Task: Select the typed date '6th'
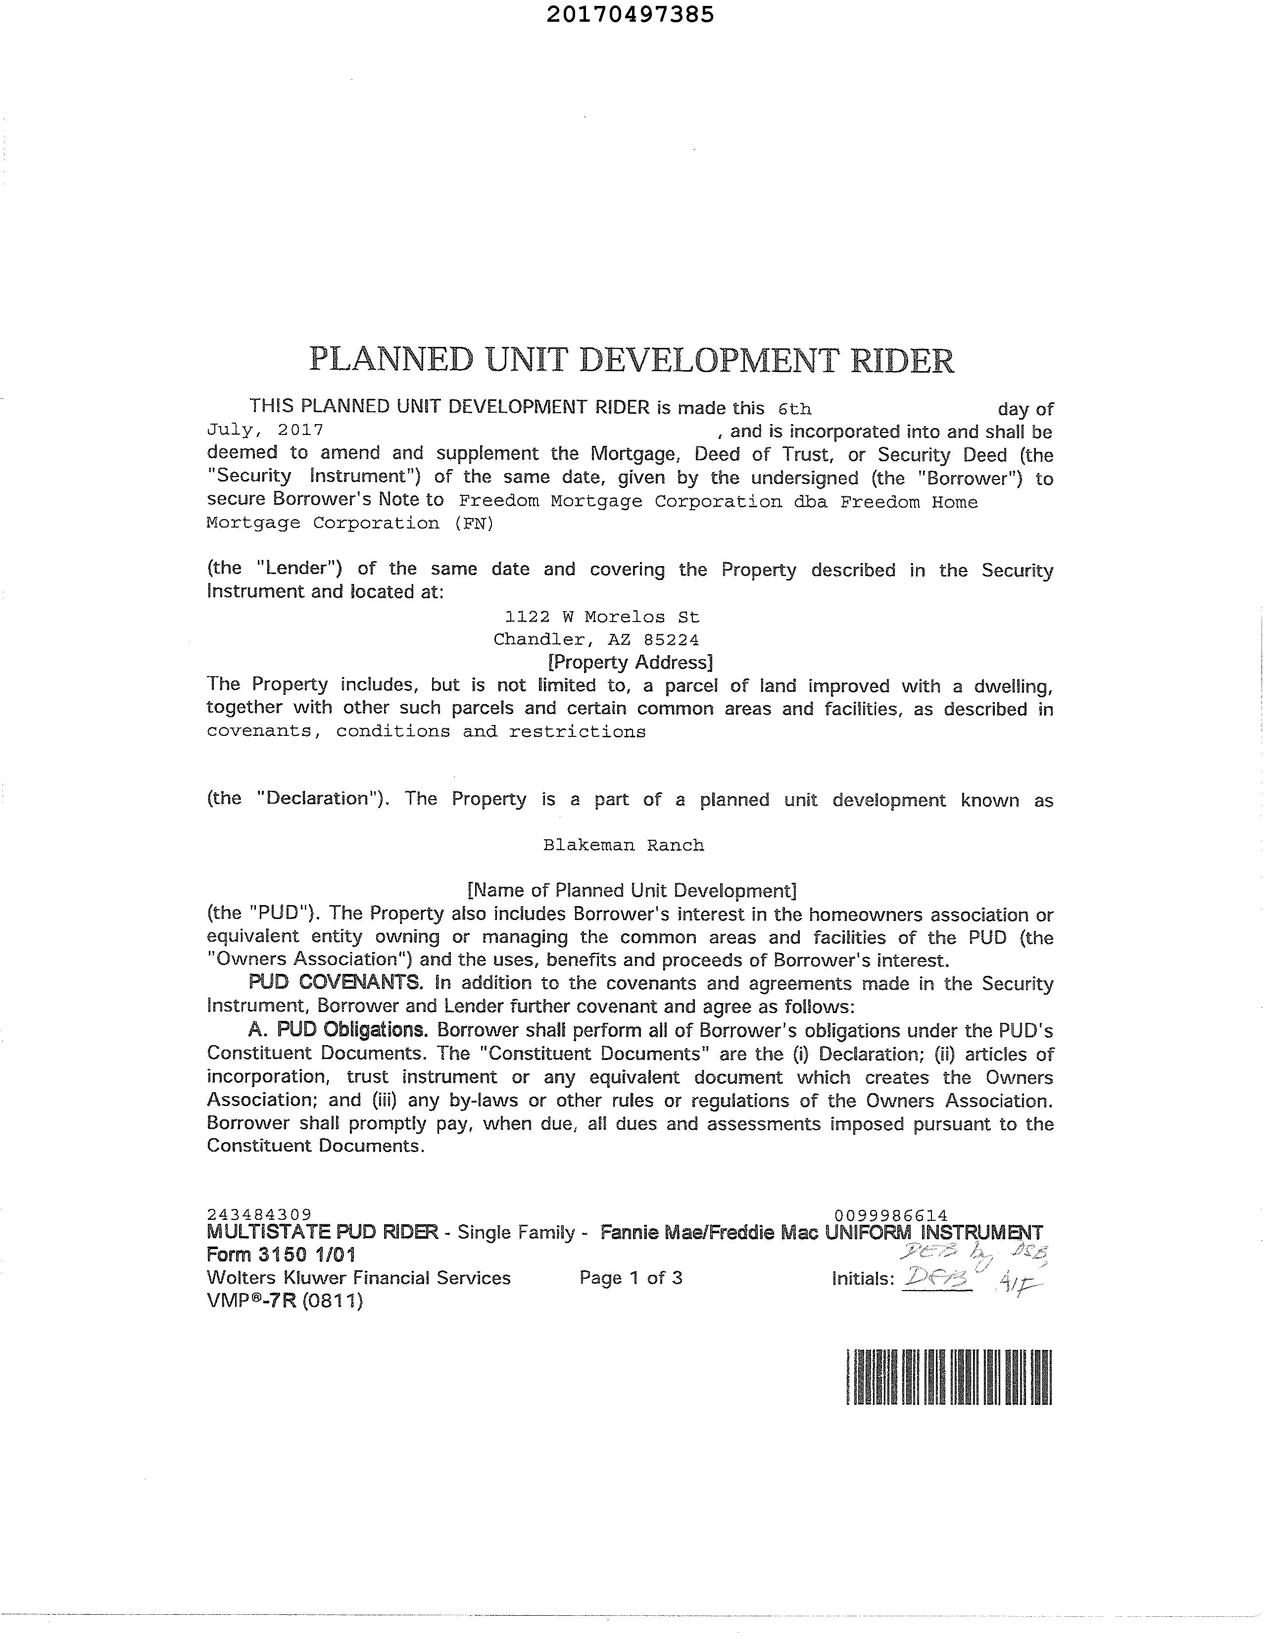[795, 409]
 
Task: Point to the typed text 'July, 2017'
[265, 430]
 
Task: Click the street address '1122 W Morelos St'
[602, 617]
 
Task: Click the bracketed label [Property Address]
[631, 662]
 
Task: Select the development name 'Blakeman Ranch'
[624, 845]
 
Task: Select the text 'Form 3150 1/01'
[281, 1255]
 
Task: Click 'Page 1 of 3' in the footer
[631, 1278]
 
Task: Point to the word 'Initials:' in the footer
[863, 1279]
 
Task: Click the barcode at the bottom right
[949, 1377]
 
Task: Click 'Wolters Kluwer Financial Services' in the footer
[359, 1278]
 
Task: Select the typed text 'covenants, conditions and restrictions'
[426, 732]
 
